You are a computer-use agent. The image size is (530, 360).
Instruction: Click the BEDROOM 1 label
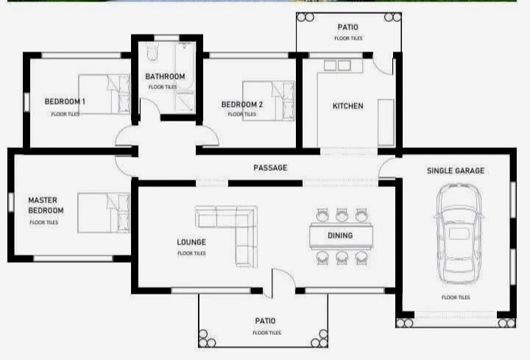pyautogui.click(x=65, y=102)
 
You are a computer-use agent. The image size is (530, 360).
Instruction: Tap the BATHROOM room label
pyautogui.click(x=165, y=77)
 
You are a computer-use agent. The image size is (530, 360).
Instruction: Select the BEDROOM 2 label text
pyautogui.click(x=241, y=105)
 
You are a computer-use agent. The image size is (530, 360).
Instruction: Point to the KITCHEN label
pyautogui.click(x=347, y=106)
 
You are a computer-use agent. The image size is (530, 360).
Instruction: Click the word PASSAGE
pyautogui.click(x=270, y=168)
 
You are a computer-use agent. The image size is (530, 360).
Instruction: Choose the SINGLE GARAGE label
pyautogui.click(x=456, y=171)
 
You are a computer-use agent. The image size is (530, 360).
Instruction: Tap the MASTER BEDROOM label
pyautogui.click(x=46, y=205)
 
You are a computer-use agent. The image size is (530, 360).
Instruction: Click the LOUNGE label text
pyautogui.click(x=191, y=242)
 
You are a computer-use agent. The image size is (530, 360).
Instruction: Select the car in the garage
pyautogui.click(x=459, y=233)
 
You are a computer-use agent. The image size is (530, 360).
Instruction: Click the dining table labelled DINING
pyautogui.click(x=341, y=236)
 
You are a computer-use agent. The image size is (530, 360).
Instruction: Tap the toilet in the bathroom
pyautogui.click(x=153, y=53)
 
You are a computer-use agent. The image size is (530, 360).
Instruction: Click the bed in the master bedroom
pyautogui.click(x=104, y=213)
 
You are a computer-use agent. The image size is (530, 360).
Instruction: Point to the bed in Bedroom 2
pyautogui.click(x=269, y=101)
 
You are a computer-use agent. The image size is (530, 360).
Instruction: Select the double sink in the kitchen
pyautogui.click(x=337, y=66)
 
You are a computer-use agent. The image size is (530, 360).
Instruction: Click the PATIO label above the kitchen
pyautogui.click(x=347, y=27)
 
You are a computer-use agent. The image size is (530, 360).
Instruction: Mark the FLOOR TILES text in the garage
pyautogui.click(x=456, y=297)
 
